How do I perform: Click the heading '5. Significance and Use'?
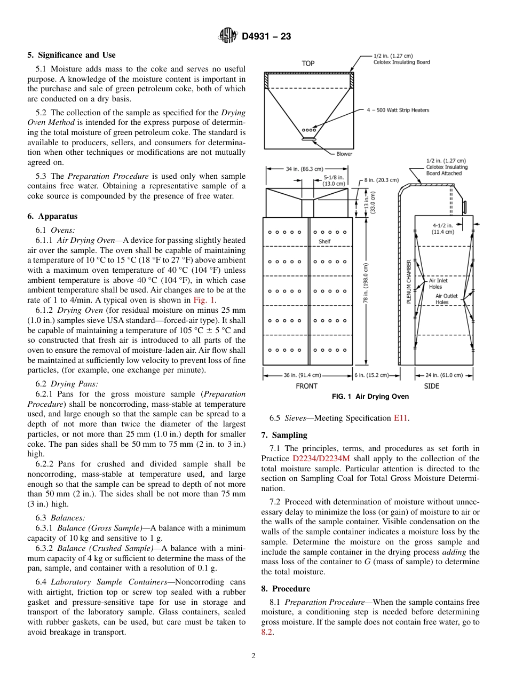point(72,55)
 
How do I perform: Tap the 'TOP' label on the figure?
point(308,63)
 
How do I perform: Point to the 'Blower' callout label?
point(344,154)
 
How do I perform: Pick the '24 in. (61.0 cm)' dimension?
point(444,375)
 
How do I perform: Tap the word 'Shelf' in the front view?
point(324,241)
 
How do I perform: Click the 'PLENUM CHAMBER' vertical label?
point(409,281)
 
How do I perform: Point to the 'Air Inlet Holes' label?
point(438,283)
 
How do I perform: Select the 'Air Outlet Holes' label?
point(446,299)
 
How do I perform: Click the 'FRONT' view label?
point(306,386)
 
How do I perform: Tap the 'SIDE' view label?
point(431,386)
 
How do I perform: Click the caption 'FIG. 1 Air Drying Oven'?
point(370,397)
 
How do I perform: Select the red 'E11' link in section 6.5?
point(401,418)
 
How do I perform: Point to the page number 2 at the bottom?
point(253,656)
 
